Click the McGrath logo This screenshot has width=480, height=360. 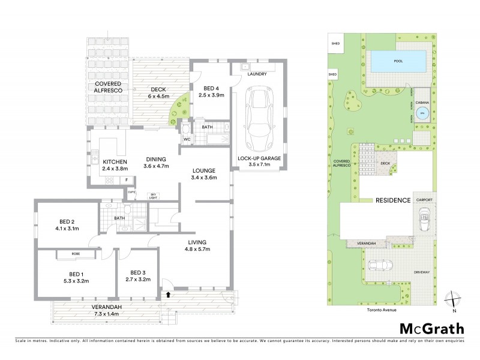(431, 328)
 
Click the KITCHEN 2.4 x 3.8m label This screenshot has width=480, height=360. (115, 166)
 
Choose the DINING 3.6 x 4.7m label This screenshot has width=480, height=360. (157, 163)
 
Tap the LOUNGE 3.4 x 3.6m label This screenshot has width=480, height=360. (204, 173)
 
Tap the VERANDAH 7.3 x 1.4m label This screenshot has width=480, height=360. (107, 310)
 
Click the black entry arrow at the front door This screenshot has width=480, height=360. (169, 295)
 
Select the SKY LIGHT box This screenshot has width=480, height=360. (154, 195)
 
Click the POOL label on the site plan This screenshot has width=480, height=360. (398, 61)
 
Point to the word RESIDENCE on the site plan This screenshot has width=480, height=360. (394, 200)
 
